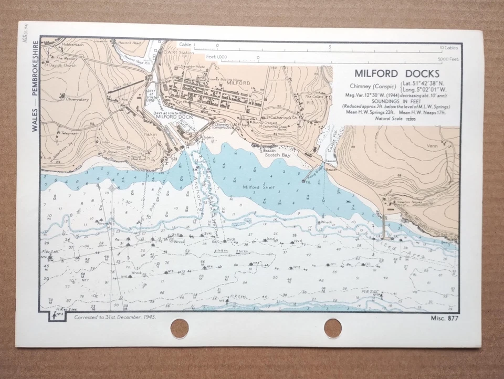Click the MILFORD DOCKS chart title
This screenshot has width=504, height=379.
[x=396, y=73]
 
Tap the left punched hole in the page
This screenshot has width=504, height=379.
[x=180, y=329]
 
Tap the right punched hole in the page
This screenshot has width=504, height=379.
[x=332, y=329]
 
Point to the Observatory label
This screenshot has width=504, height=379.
[x=77, y=99]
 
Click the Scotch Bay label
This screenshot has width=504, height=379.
[x=278, y=155]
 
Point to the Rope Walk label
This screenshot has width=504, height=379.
[x=122, y=87]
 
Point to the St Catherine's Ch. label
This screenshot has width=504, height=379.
[x=281, y=117]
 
